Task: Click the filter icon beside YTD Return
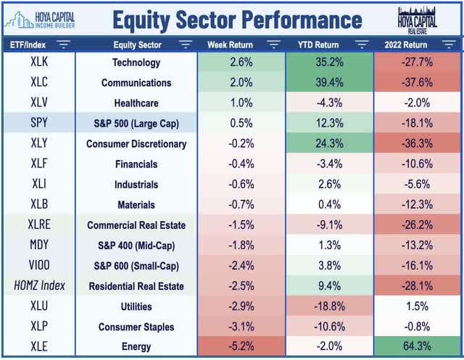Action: [x=360, y=45]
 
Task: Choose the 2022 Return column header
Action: [x=410, y=45]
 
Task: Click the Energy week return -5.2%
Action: [x=241, y=346]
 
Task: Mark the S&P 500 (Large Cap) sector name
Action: [x=136, y=124]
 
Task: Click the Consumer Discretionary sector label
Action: [x=136, y=144]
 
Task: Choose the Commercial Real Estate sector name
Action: [x=136, y=225]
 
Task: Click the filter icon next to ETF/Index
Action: [x=63, y=45]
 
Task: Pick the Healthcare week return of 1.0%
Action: [x=241, y=104]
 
